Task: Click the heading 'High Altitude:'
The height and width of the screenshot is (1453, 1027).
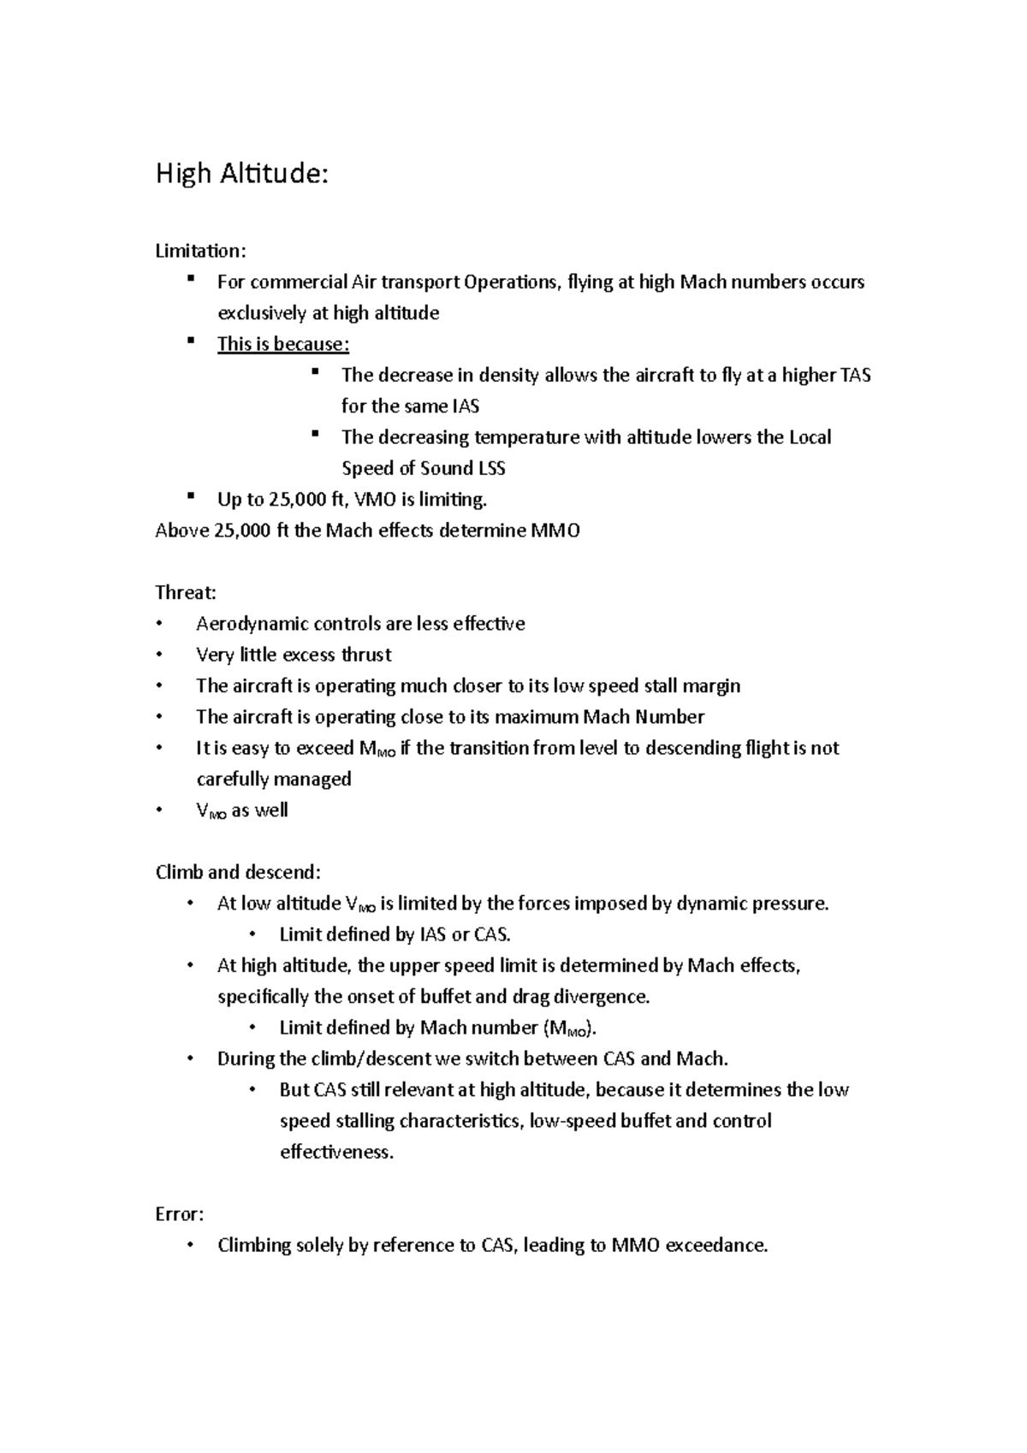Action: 241,175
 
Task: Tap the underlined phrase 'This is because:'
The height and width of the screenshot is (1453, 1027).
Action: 283,344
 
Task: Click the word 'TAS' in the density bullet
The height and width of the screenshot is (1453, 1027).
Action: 855,375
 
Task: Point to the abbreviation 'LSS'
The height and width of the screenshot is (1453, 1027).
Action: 495,468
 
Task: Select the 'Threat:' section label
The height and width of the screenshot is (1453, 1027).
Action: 186,592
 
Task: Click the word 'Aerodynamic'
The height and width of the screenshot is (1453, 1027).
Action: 252,624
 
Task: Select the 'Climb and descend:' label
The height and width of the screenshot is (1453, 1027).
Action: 238,872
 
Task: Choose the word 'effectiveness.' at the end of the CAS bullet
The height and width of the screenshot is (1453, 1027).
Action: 337,1152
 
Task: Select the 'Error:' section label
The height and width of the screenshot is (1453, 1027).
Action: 179,1214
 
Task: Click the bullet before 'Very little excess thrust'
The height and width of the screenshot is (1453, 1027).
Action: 159,655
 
